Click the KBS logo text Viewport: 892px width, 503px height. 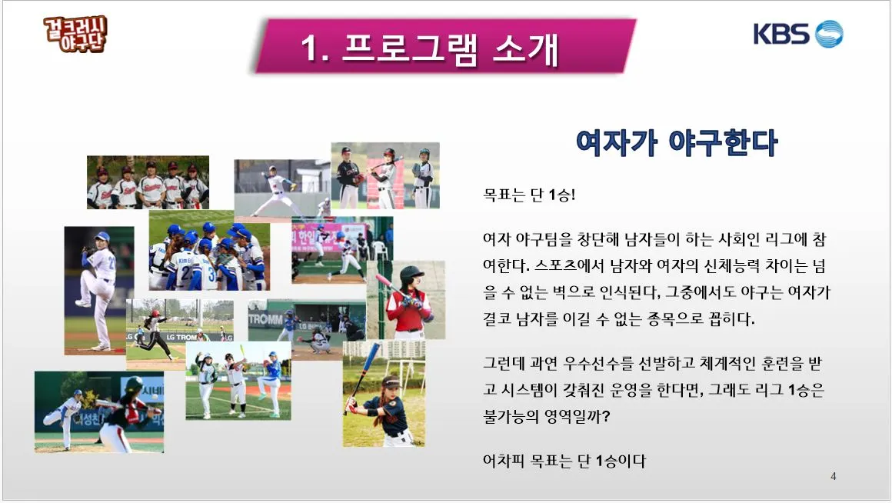pos(781,35)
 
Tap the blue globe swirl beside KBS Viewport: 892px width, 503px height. pos(829,35)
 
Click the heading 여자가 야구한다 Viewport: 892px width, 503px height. pos(676,142)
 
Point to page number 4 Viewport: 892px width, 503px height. pos(834,477)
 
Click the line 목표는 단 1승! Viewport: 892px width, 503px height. pos(529,195)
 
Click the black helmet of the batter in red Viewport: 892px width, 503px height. pos(412,274)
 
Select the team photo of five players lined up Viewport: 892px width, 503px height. pos(148,182)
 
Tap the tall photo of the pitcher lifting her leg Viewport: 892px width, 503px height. pos(98,290)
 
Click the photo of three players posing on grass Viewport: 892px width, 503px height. pos(238,381)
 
